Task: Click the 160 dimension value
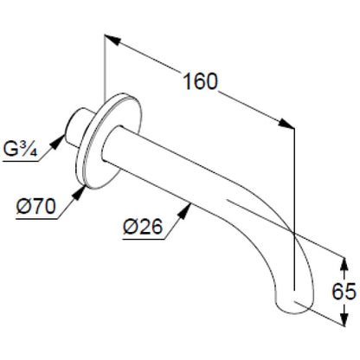(x=200, y=81)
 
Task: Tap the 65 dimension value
(x=344, y=292)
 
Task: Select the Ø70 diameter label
(x=35, y=207)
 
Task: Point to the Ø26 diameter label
(x=143, y=227)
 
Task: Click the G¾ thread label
(x=20, y=149)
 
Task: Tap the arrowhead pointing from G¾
(x=58, y=141)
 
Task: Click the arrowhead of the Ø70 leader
(x=80, y=192)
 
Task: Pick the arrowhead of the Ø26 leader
(x=184, y=210)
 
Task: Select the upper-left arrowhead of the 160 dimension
(x=112, y=40)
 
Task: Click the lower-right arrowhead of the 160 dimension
(x=286, y=123)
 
